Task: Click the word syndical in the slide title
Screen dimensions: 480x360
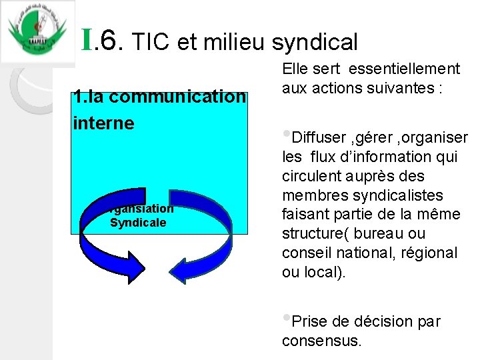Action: tap(316, 43)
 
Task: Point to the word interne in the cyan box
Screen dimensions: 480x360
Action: tap(104, 123)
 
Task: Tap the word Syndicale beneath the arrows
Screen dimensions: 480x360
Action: tap(138, 222)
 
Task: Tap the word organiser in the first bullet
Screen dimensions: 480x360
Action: tap(436, 138)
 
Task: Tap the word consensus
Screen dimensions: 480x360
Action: tap(321, 341)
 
